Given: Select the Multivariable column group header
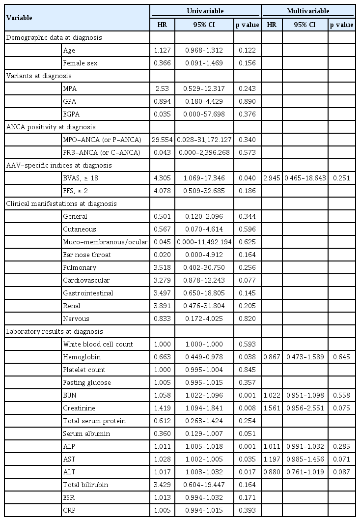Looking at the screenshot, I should (x=308, y=10).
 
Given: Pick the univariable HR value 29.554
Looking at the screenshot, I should (x=162, y=140).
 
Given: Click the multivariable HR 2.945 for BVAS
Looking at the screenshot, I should (x=272, y=178).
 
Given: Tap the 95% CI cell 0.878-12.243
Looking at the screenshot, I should (x=205, y=280).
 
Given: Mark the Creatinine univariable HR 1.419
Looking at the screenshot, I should (x=162, y=408).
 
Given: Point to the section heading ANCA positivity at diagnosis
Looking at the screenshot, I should (x=41, y=127).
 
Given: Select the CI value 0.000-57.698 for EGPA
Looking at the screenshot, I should (x=205, y=114).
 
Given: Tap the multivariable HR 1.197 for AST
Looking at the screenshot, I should (x=272, y=459).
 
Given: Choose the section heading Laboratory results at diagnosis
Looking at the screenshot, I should (x=47, y=331).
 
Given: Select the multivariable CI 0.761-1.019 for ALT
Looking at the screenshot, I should (x=305, y=472).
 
